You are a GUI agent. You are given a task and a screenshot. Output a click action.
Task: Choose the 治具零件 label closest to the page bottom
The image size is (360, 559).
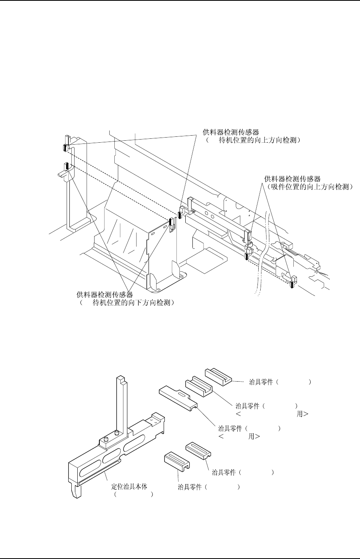pos(190,488)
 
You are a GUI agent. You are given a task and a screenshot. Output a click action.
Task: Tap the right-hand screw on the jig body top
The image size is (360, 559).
pos(118,434)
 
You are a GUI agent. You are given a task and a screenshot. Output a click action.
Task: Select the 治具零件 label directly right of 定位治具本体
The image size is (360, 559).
pos(190,488)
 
